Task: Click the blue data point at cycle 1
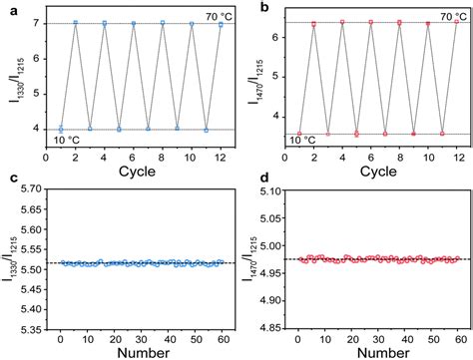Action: (61, 129)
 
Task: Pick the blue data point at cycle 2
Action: (76, 23)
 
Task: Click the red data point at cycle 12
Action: (457, 23)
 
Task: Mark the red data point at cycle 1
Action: (299, 133)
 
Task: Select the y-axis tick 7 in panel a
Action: (39, 23)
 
